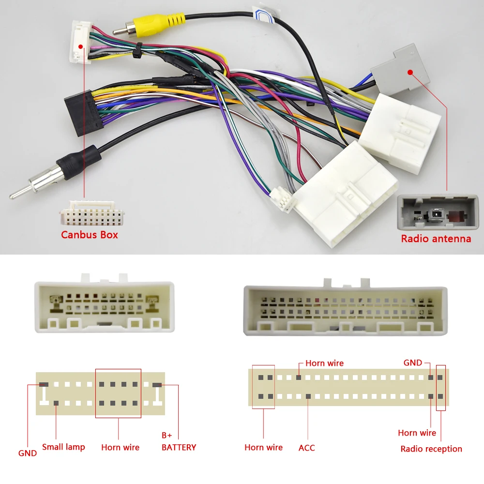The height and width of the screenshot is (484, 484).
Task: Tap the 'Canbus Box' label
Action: pyautogui.click(x=89, y=235)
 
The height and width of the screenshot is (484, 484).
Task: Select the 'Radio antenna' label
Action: pyautogui.click(x=436, y=239)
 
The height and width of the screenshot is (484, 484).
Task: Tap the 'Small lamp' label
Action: pyautogui.click(x=63, y=447)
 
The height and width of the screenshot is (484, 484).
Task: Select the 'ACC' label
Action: pyautogui.click(x=306, y=448)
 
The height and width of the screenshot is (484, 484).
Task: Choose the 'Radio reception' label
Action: pyautogui.click(x=431, y=449)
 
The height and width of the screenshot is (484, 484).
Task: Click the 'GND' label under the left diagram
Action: pyautogui.click(x=28, y=453)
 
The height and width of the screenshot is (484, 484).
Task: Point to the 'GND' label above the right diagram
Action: pyautogui.click(x=413, y=363)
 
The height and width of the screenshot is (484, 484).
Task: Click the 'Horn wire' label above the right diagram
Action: pyautogui.click(x=324, y=363)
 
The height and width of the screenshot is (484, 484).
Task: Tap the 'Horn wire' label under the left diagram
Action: pyautogui.click(x=120, y=447)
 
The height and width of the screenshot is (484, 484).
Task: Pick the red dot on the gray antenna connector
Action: pyautogui.click(x=410, y=73)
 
